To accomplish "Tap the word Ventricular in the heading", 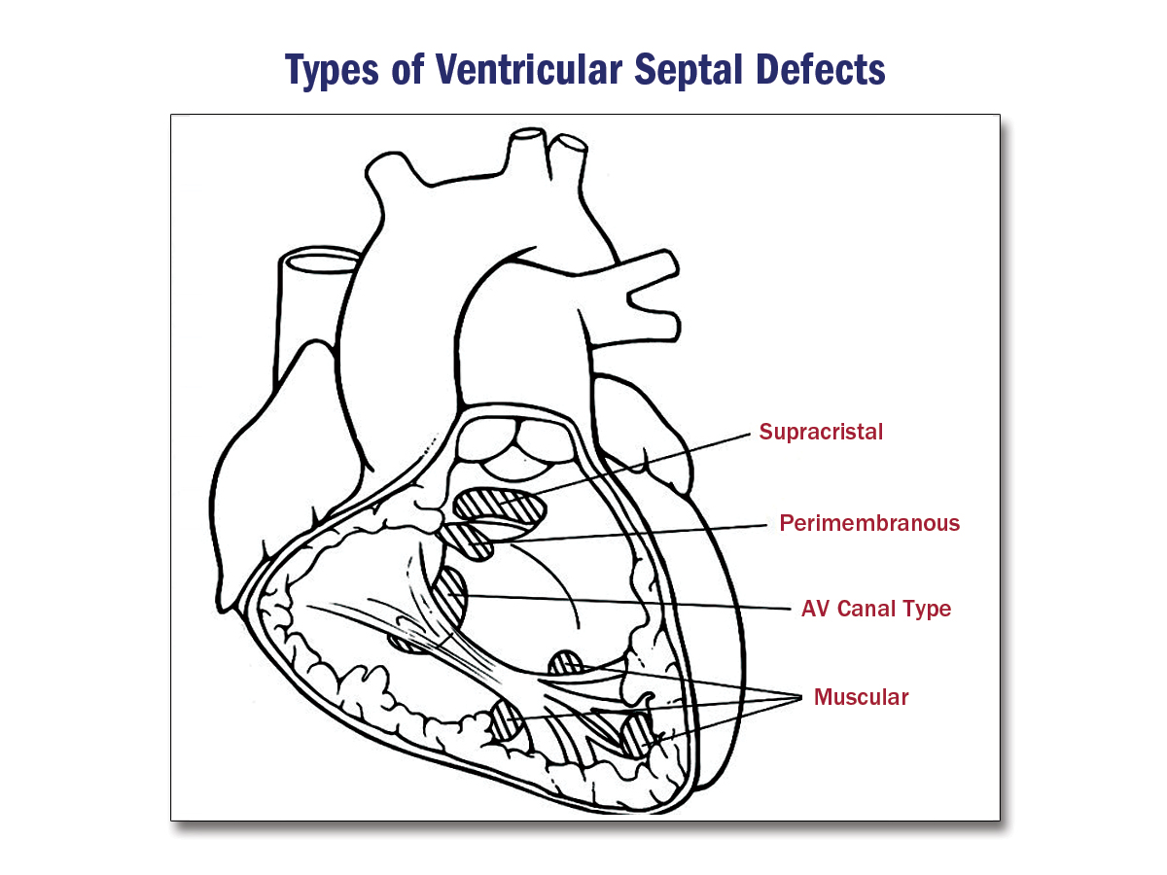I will click(520, 70).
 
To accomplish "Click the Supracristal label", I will click(821, 433).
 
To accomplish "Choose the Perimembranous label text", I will click(869, 523).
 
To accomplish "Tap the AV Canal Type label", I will click(875, 610).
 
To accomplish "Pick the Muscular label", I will click(861, 697).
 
